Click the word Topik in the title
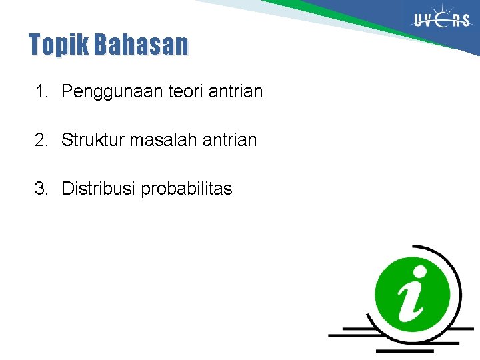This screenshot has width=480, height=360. (x=59, y=45)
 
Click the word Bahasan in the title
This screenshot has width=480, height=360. (x=141, y=45)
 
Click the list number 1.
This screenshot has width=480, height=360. (x=41, y=91)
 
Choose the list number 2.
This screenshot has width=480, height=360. (x=41, y=140)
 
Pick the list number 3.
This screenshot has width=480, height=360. (x=41, y=189)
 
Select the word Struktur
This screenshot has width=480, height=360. (x=93, y=140)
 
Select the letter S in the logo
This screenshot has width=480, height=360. (x=465, y=21)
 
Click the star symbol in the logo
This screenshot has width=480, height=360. (x=443, y=19)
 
